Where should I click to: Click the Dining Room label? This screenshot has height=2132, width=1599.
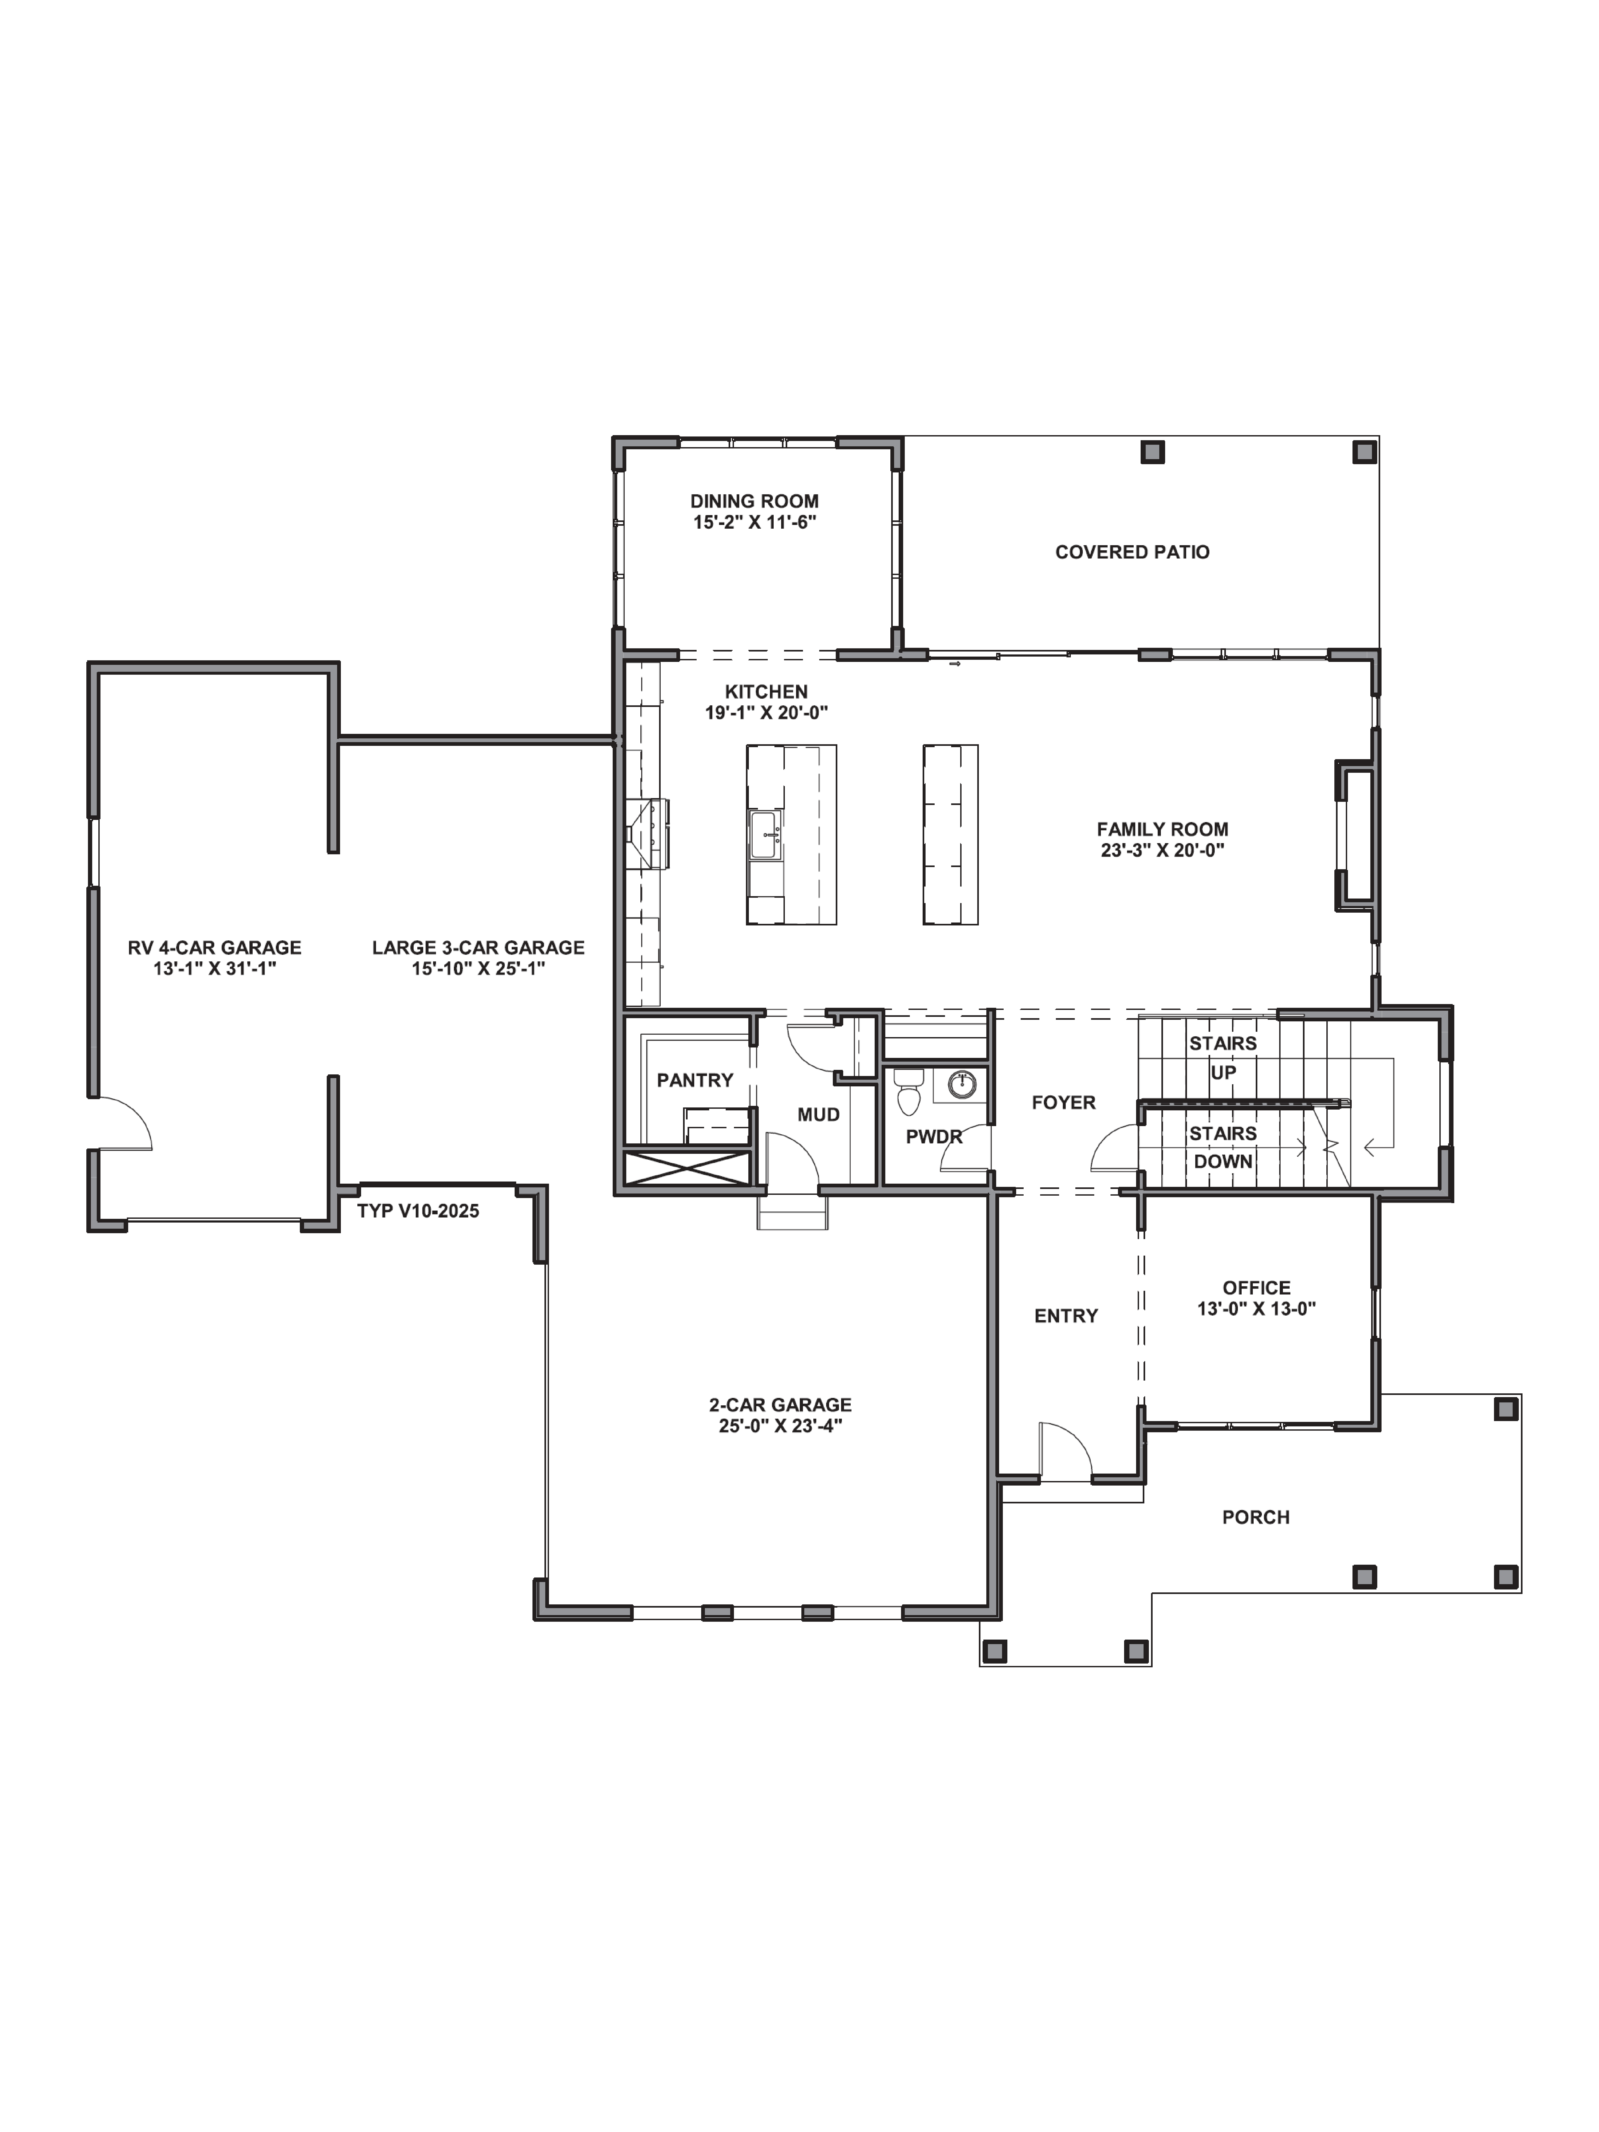754,501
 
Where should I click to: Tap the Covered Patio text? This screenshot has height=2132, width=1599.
1132,552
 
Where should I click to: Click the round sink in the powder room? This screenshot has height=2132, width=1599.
961,1084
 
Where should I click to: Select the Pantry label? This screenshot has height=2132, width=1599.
694,1081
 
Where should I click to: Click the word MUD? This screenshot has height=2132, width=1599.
818,1115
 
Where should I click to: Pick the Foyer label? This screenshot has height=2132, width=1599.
1063,1103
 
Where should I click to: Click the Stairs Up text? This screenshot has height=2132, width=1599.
1222,1057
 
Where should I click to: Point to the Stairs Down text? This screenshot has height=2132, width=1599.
1222,1148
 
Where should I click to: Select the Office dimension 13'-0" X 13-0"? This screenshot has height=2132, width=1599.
1256,1309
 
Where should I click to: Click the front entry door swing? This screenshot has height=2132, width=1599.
1064,1449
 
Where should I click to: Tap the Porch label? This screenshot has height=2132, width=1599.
1255,1517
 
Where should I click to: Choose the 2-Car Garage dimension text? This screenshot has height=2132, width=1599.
780,1426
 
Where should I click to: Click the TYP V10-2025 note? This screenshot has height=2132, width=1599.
417,1212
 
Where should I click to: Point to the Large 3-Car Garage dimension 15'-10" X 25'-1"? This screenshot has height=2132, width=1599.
478,969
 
